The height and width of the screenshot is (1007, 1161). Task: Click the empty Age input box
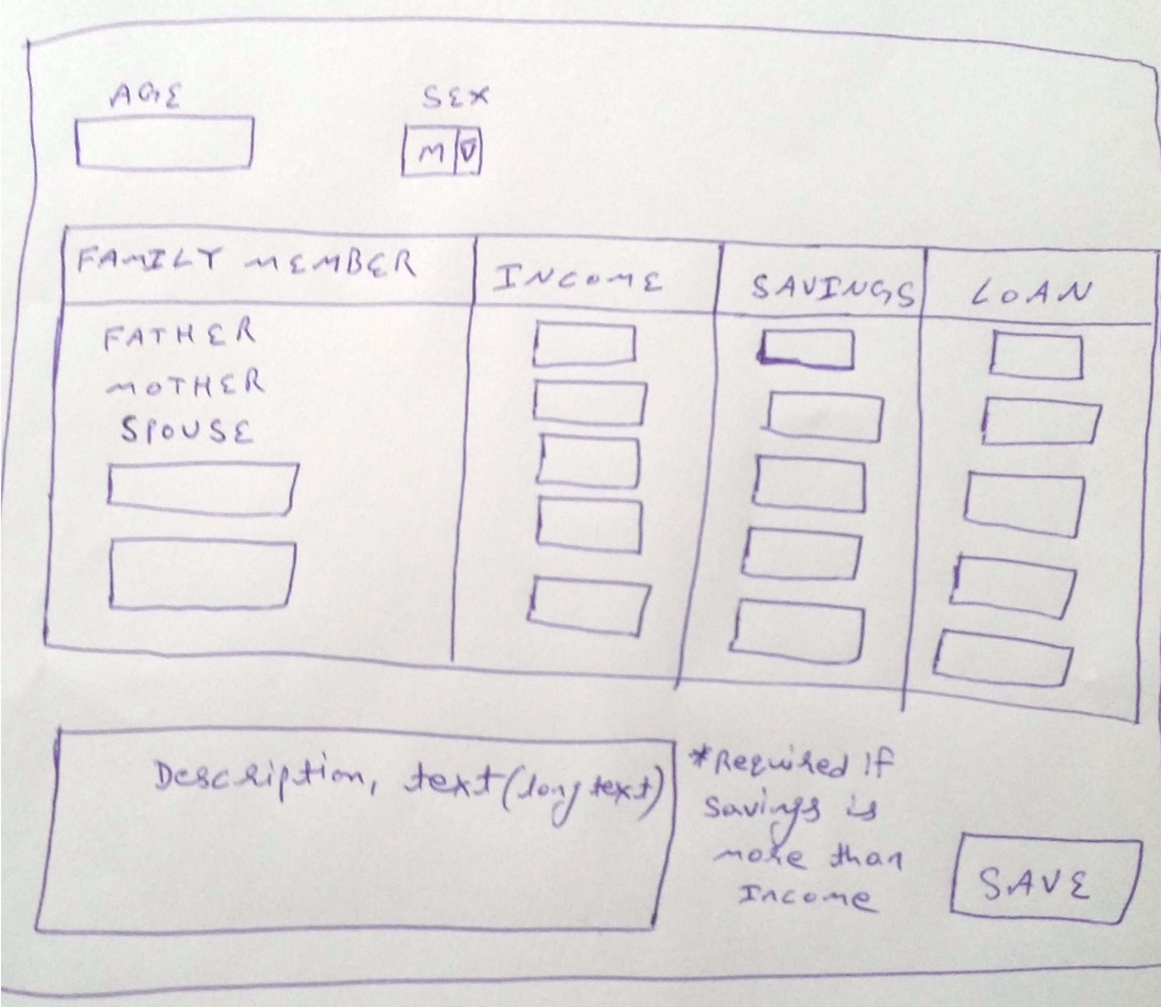click(x=164, y=141)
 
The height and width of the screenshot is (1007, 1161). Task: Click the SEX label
click(x=455, y=97)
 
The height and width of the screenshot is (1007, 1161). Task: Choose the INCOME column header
click(x=577, y=279)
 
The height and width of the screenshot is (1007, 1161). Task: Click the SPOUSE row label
click(x=187, y=431)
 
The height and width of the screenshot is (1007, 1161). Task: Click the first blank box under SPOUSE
click(x=202, y=487)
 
